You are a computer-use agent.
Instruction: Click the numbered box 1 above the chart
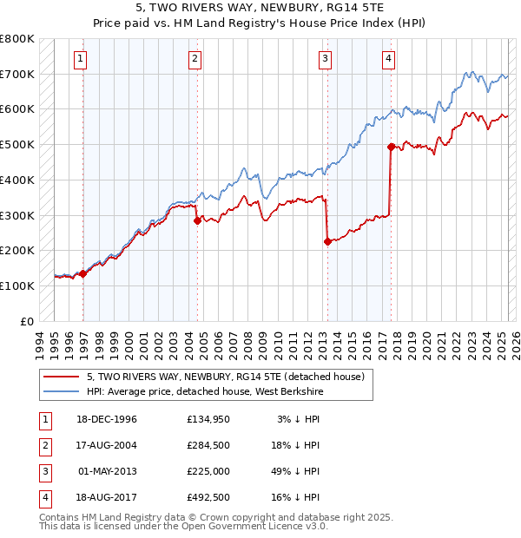point(80,59)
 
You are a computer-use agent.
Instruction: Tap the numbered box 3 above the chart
point(325,59)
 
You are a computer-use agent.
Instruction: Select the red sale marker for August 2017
point(391,147)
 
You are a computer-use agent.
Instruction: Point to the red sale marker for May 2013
point(327,241)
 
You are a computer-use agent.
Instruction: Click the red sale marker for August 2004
point(197,220)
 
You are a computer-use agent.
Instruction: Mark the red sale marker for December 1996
point(83,273)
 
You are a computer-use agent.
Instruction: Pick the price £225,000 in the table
point(208,471)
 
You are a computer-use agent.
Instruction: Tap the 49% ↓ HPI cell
point(298,471)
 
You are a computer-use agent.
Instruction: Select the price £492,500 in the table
point(208,497)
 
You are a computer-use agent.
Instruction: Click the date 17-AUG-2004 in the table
point(107,446)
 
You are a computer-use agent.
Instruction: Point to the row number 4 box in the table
point(43,497)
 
